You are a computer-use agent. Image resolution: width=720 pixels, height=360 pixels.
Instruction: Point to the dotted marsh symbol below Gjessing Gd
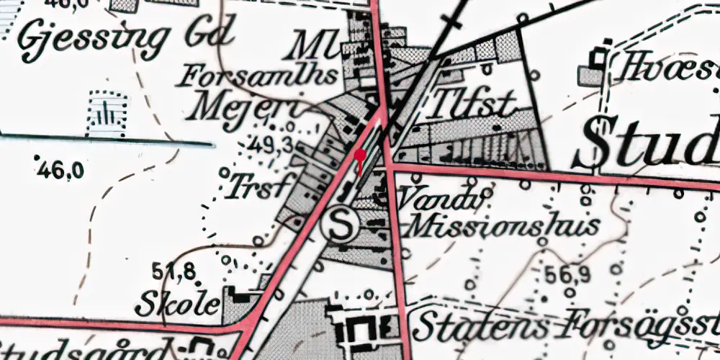(106, 113)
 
